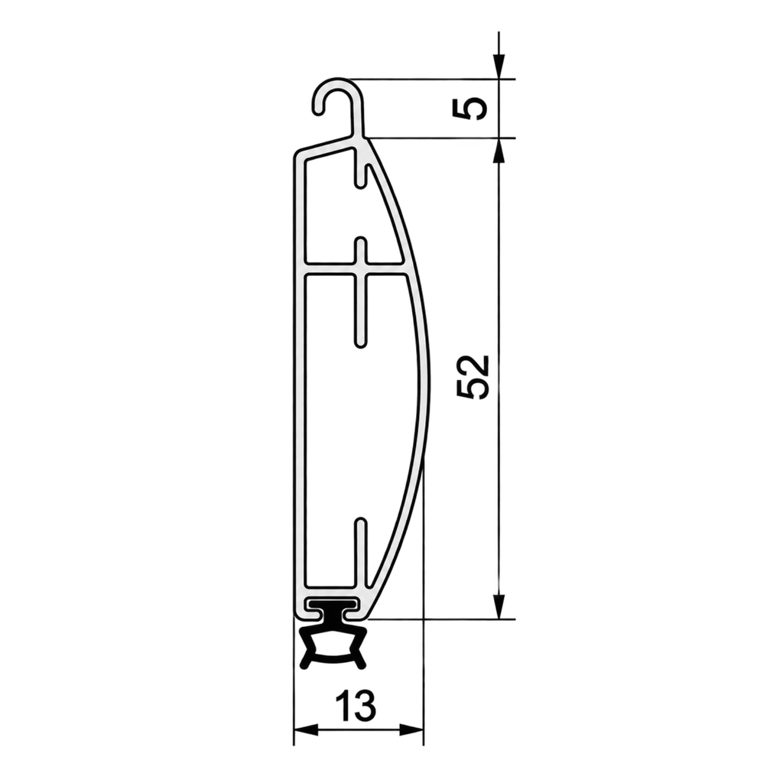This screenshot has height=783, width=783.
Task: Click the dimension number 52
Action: click(x=472, y=378)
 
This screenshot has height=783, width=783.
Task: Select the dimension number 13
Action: click(x=356, y=706)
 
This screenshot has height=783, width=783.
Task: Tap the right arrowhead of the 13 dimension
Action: click(x=411, y=730)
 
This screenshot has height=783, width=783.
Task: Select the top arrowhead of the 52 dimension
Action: click(x=499, y=151)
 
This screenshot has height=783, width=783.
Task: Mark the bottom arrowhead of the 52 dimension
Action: click(x=499, y=606)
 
